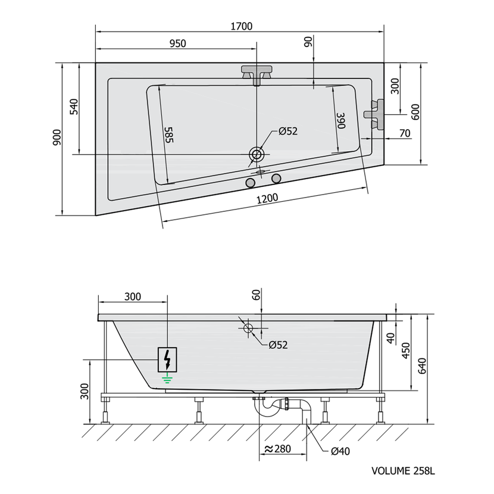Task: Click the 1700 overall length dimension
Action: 242,26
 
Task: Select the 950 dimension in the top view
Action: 178,43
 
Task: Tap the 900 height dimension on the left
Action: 57,137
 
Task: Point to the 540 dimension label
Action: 73,107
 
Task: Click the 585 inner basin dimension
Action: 169,135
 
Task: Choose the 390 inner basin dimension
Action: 341,121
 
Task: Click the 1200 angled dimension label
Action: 267,198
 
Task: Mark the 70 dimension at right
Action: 405,133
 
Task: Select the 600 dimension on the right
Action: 415,112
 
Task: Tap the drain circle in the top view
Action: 257,155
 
